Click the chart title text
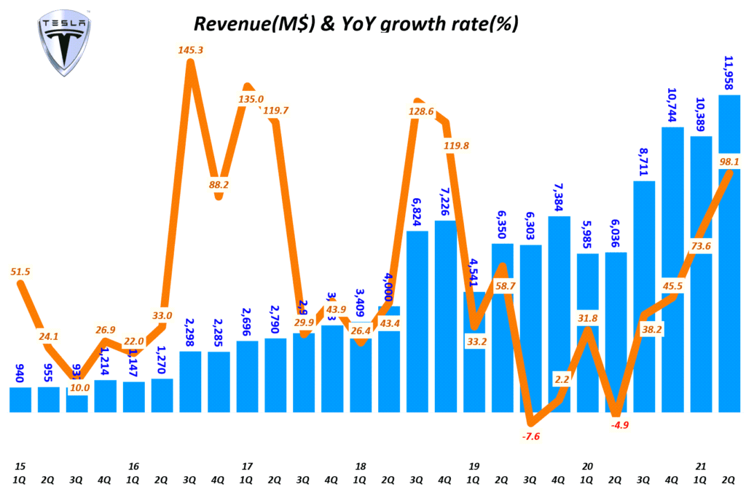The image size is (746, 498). click(x=355, y=24)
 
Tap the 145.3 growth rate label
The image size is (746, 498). click(x=191, y=50)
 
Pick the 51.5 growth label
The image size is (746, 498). click(x=22, y=272)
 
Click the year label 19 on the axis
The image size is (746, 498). click(x=474, y=465)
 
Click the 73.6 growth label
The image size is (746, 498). click(x=701, y=245)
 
